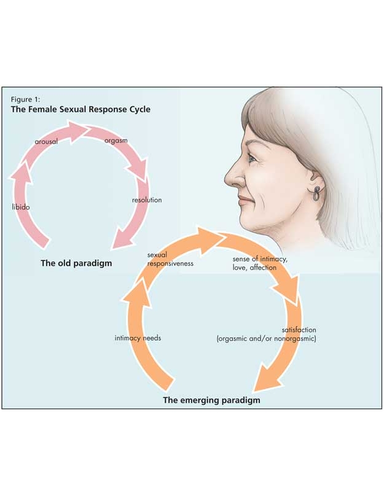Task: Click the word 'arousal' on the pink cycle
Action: [x=46, y=141]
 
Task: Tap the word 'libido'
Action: [x=20, y=207]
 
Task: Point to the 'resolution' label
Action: [x=147, y=200]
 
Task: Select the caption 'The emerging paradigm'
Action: [x=211, y=400]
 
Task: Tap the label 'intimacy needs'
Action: [x=138, y=338]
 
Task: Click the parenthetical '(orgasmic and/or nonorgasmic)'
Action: [x=267, y=338]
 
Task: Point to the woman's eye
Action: [x=253, y=159]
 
